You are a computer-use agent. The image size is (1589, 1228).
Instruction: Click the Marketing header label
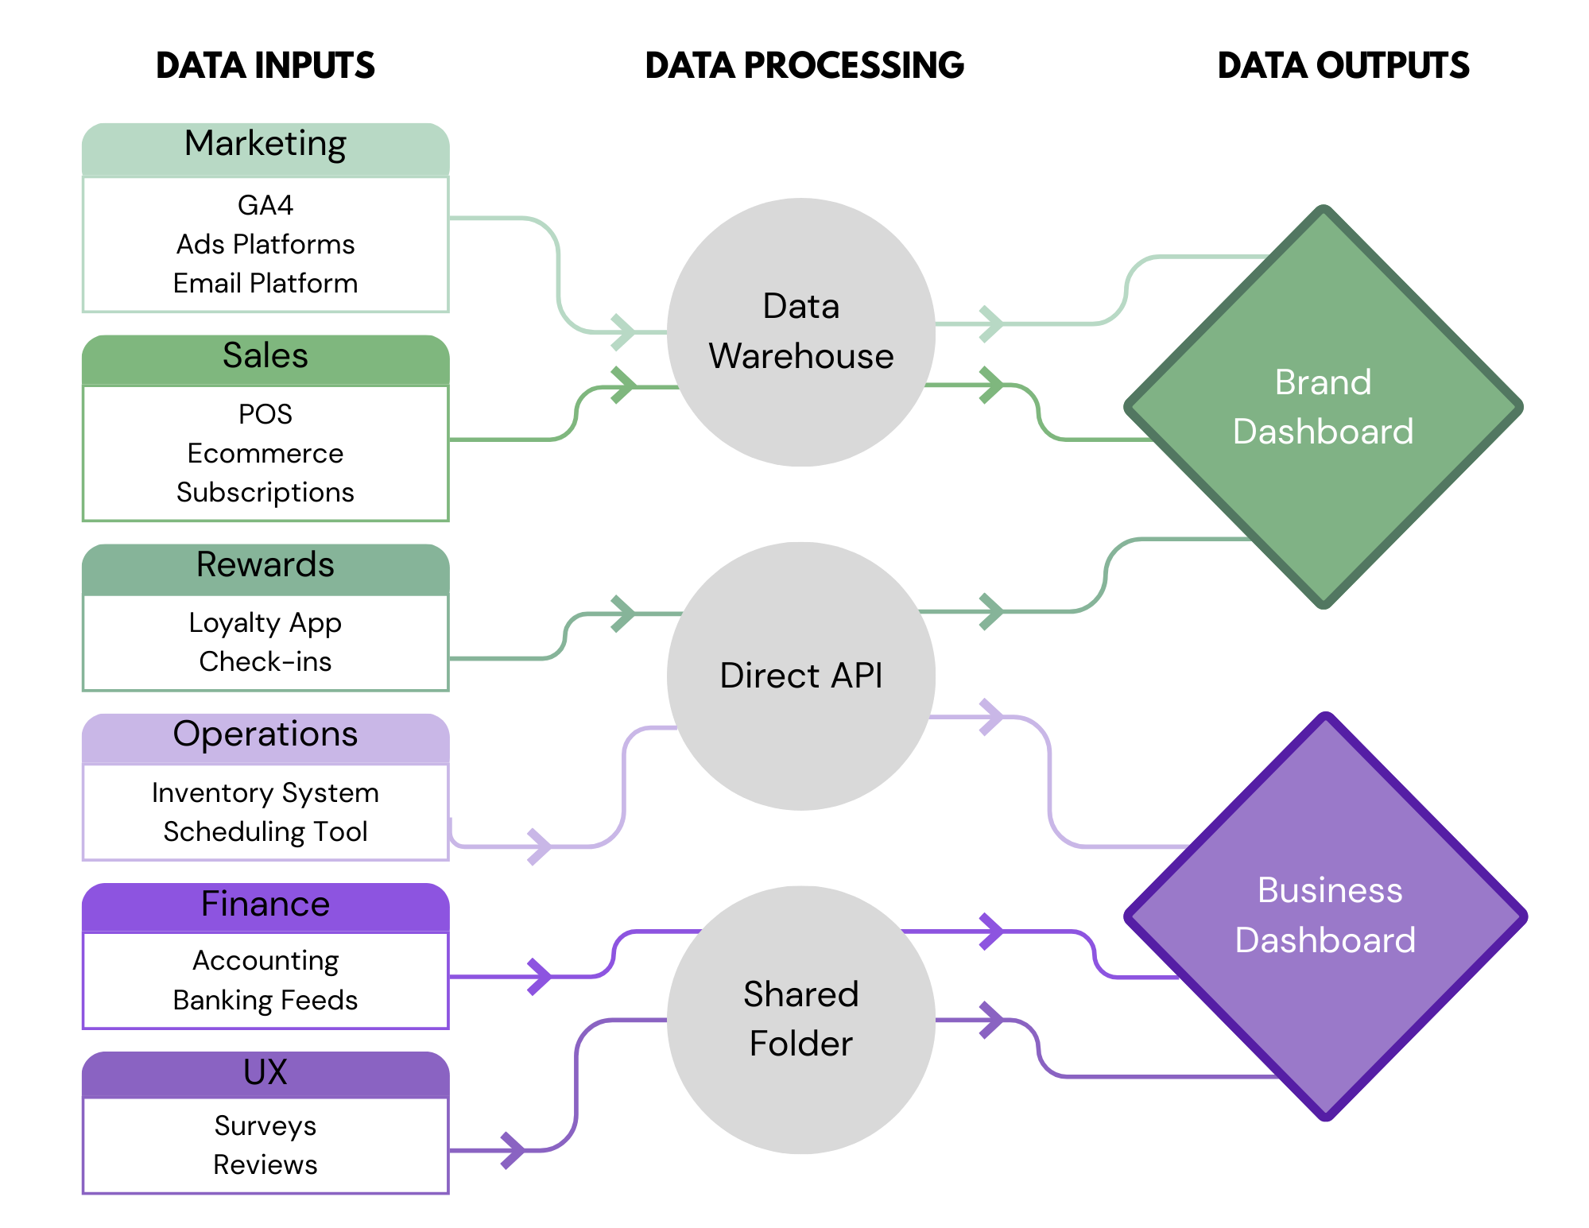click(265, 145)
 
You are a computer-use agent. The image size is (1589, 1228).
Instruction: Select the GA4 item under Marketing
click(265, 206)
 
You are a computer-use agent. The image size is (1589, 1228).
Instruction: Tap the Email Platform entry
click(265, 284)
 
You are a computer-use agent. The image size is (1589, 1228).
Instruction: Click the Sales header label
click(265, 356)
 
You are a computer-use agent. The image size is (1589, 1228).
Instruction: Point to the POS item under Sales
click(265, 415)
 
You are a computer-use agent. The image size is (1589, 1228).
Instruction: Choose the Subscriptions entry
click(265, 493)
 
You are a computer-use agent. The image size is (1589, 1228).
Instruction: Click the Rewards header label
click(265, 565)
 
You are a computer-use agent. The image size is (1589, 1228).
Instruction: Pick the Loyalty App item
click(265, 623)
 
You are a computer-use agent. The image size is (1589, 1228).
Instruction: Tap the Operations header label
click(265, 734)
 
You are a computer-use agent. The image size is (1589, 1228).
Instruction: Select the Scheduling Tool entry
click(265, 832)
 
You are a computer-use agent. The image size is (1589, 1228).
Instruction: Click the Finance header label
click(265, 905)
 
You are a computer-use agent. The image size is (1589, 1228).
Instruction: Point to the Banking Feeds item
click(265, 1001)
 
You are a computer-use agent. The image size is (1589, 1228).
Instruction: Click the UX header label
click(265, 1073)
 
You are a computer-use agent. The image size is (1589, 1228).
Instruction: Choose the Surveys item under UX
click(265, 1126)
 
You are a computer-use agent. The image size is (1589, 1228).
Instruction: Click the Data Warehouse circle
click(801, 332)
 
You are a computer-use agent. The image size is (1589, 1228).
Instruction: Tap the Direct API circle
click(801, 676)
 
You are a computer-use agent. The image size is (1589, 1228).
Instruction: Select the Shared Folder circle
click(801, 1020)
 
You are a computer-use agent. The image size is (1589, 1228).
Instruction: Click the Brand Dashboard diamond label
click(1324, 407)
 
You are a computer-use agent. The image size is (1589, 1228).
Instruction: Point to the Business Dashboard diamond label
click(1326, 916)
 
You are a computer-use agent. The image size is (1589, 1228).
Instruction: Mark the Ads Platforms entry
click(265, 245)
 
